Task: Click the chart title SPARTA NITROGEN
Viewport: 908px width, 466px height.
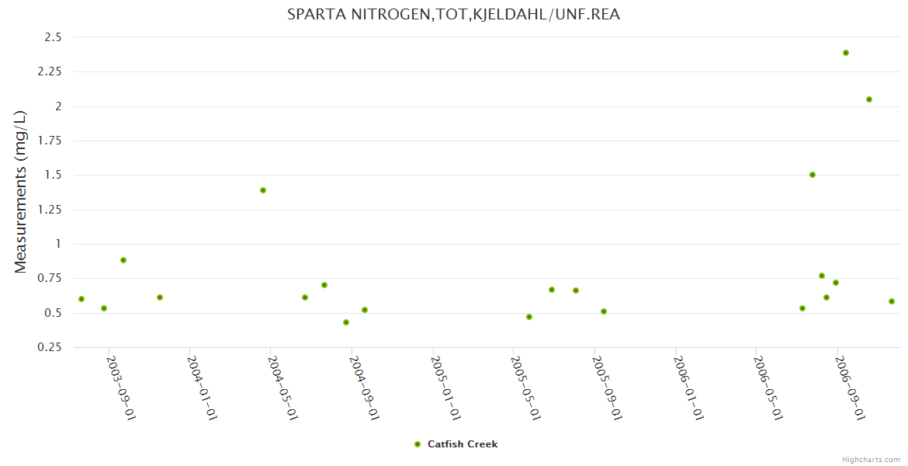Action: tap(453, 14)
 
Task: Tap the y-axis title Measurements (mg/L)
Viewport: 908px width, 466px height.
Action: tap(20, 192)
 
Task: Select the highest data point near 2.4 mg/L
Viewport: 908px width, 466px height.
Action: tap(846, 53)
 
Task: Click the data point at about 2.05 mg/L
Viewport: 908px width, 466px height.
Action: tap(869, 99)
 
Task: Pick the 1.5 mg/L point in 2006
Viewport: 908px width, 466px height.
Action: tap(813, 175)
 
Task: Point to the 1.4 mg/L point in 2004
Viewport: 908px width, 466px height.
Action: tap(263, 190)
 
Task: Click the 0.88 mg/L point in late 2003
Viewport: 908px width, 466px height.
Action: tap(123, 260)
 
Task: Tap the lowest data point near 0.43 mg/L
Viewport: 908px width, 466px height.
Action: tap(346, 322)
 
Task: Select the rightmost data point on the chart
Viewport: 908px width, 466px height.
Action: tap(892, 301)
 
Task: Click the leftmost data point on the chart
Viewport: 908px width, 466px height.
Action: tap(81, 299)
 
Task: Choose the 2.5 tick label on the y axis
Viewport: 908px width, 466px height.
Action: tap(53, 37)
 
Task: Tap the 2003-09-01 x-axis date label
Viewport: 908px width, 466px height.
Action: tap(121, 388)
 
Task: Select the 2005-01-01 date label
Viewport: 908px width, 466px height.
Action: tap(445, 388)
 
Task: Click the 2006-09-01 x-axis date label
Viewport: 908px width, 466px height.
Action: tap(850, 388)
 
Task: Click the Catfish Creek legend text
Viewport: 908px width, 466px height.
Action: tap(463, 444)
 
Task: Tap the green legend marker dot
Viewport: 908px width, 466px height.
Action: tap(418, 444)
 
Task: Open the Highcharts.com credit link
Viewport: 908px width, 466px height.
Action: tap(871, 459)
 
